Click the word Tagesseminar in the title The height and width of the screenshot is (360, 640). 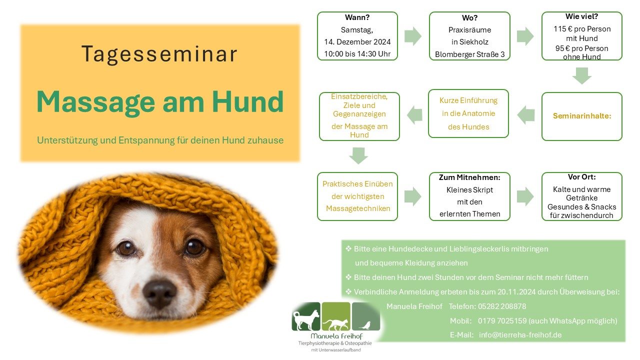[x=159, y=54]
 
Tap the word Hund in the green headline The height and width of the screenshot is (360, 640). [x=247, y=101]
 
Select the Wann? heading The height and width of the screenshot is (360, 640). [x=357, y=17]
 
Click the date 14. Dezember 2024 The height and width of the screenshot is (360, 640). [x=357, y=41]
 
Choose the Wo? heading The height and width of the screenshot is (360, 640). [x=469, y=17]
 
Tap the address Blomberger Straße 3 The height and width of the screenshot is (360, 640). [x=469, y=54]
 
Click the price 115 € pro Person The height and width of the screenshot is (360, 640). [x=582, y=29]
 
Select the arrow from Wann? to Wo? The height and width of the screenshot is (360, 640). [x=413, y=36]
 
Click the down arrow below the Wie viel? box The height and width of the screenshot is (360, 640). [x=582, y=75]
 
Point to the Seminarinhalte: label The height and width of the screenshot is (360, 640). [x=582, y=115]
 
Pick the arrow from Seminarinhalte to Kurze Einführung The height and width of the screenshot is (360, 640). [x=525, y=115]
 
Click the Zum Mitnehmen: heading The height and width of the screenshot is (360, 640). [x=469, y=177]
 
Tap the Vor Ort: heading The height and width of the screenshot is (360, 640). [x=581, y=177]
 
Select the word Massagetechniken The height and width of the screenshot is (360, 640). [x=358, y=208]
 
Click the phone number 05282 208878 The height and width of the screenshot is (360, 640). [x=502, y=306]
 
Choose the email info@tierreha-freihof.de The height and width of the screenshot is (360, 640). [x=520, y=335]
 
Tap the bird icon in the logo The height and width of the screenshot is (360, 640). [x=365, y=325]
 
